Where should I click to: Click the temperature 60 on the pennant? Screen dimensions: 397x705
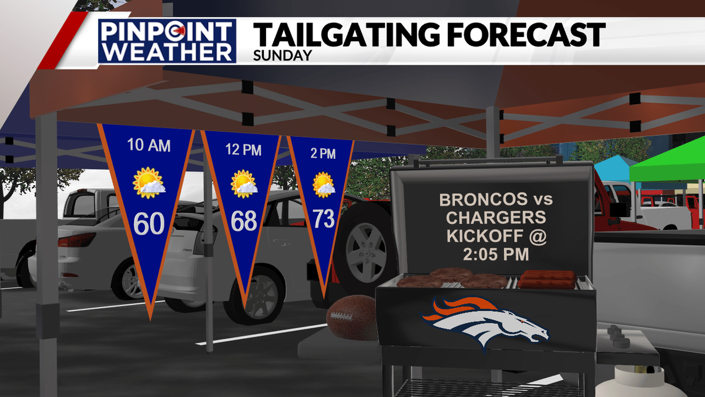[x=149, y=223]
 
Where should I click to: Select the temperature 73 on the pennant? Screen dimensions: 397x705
[x=323, y=219]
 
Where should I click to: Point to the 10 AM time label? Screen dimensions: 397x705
[x=149, y=145]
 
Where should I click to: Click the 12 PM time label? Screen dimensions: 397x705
[x=243, y=150]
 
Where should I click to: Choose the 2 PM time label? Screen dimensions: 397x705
[x=323, y=154]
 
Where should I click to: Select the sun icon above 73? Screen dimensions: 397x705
[x=323, y=184]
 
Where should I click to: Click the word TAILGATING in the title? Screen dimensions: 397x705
[x=347, y=35]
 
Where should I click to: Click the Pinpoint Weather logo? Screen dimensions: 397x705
[x=166, y=41]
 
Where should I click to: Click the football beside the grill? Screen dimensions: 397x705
[x=351, y=317]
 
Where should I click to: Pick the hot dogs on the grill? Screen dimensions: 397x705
[x=546, y=279]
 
